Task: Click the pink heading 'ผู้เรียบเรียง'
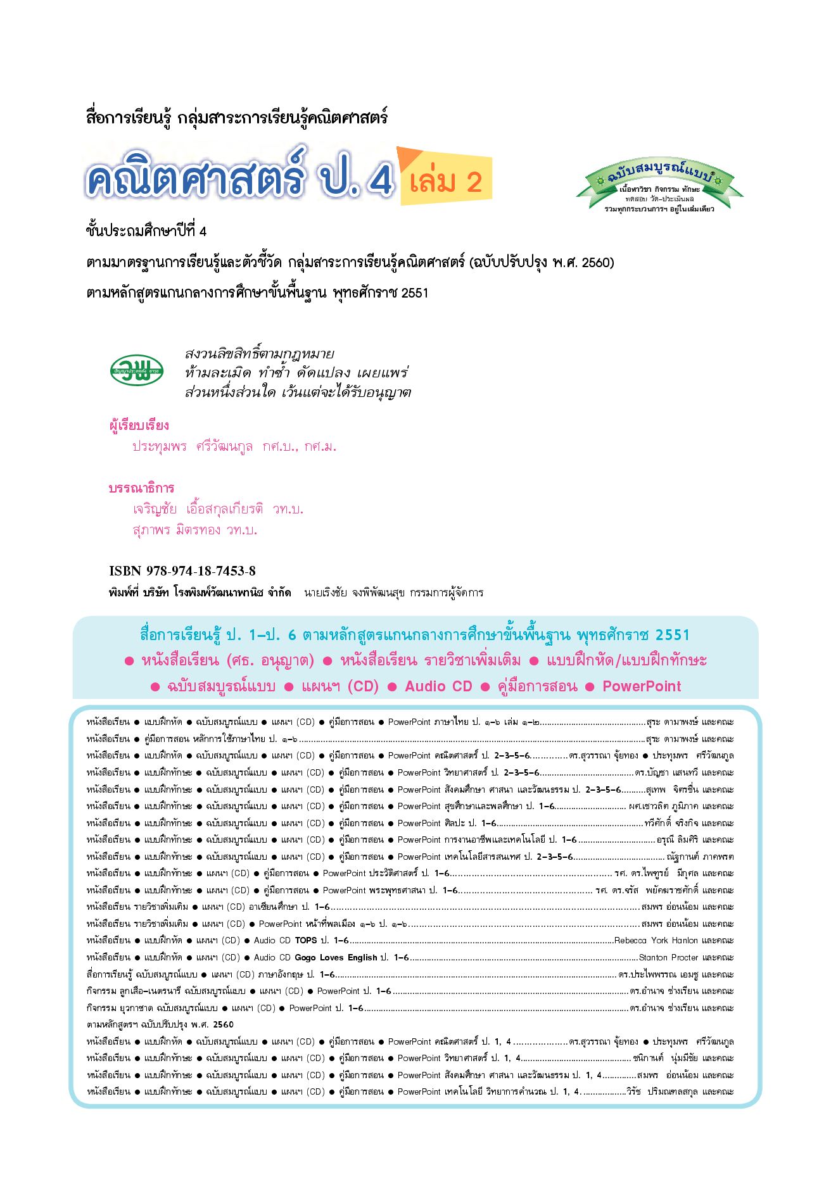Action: click(139, 425)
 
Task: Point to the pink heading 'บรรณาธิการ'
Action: click(141, 488)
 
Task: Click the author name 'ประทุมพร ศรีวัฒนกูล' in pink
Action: click(193, 446)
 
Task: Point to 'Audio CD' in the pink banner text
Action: click(438, 686)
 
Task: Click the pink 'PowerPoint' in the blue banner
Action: click(642, 686)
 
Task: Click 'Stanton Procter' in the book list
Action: click(668, 958)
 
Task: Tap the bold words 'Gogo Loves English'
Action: click(336, 958)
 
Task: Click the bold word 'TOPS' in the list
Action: click(306, 941)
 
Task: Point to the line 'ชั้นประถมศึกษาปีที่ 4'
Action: click(146, 231)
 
